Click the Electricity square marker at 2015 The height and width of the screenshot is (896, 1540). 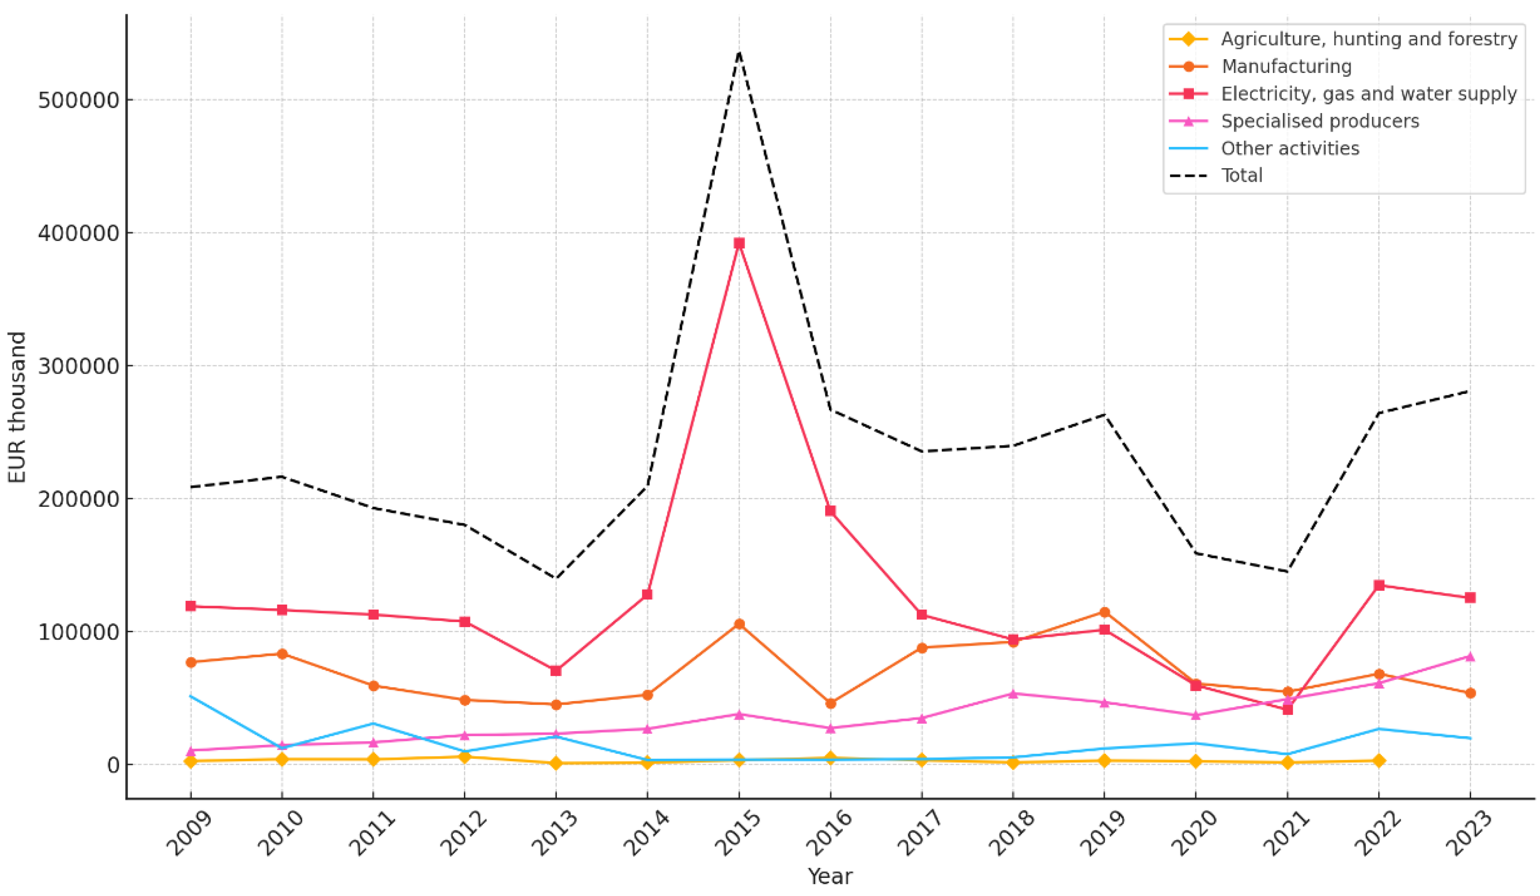pos(739,243)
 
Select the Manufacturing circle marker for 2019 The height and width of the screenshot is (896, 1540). pos(1104,612)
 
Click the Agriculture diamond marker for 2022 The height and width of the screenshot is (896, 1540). pos(1379,760)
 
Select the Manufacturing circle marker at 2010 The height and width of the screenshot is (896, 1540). pos(282,654)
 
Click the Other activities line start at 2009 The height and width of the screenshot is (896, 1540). pos(191,696)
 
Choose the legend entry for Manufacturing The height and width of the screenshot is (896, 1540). pos(1286,66)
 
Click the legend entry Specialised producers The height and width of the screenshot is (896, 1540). pos(1320,121)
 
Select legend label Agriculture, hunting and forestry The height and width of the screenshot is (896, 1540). pos(1369,39)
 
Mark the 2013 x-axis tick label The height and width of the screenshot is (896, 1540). pos(555,834)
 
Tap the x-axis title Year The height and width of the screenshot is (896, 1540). pos(829,877)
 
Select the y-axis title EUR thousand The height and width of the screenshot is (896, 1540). pos(17,407)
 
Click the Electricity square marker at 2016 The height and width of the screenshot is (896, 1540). pos(830,511)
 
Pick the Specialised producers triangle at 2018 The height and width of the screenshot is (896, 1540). pos(1013,694)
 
